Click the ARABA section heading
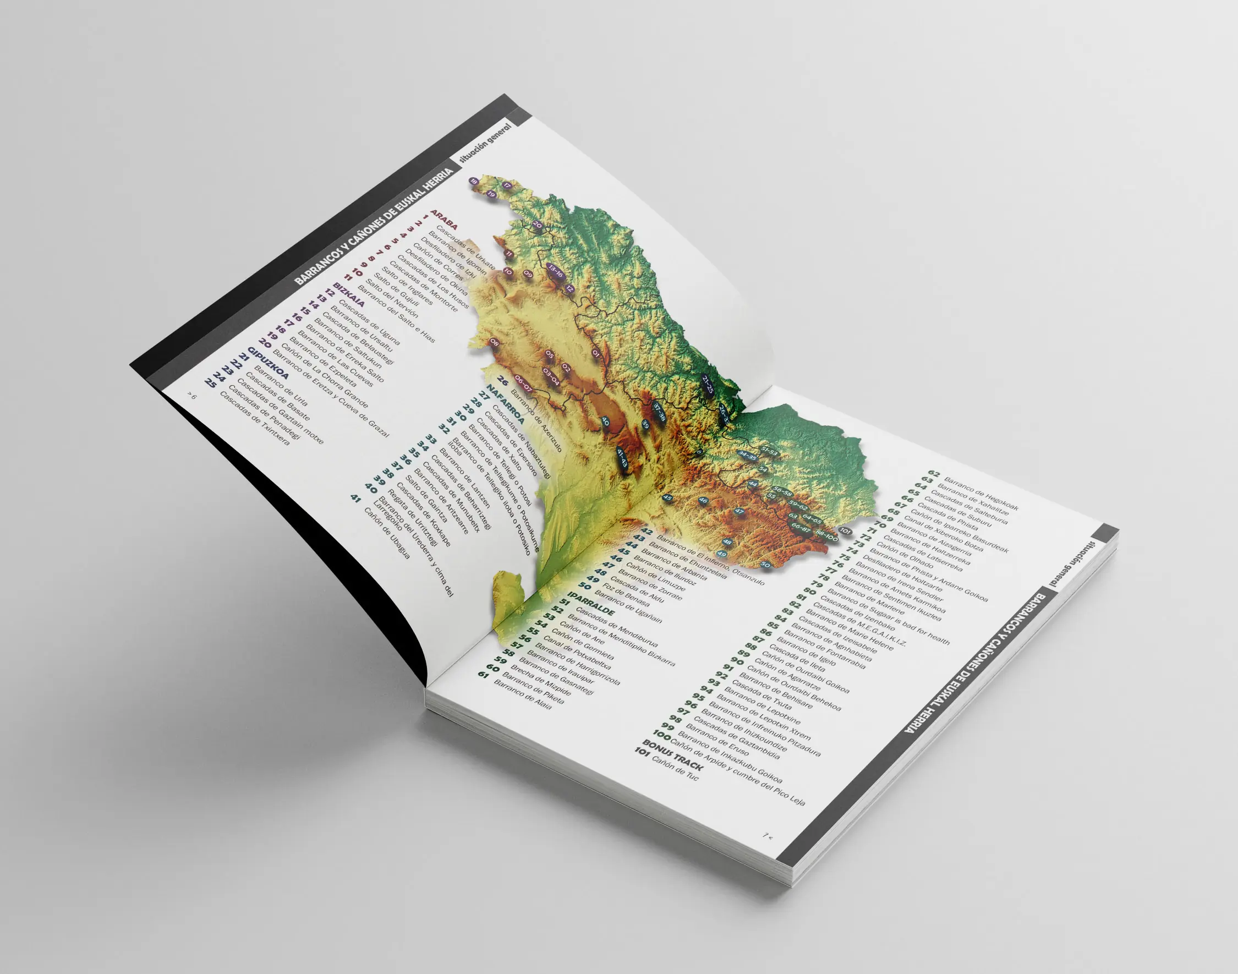pos(444,220)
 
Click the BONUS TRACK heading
pos(673,754)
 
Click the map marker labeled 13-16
pos(555,270)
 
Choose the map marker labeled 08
pos(495,343)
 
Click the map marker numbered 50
pos(766,565)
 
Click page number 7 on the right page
pos(768,836)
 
